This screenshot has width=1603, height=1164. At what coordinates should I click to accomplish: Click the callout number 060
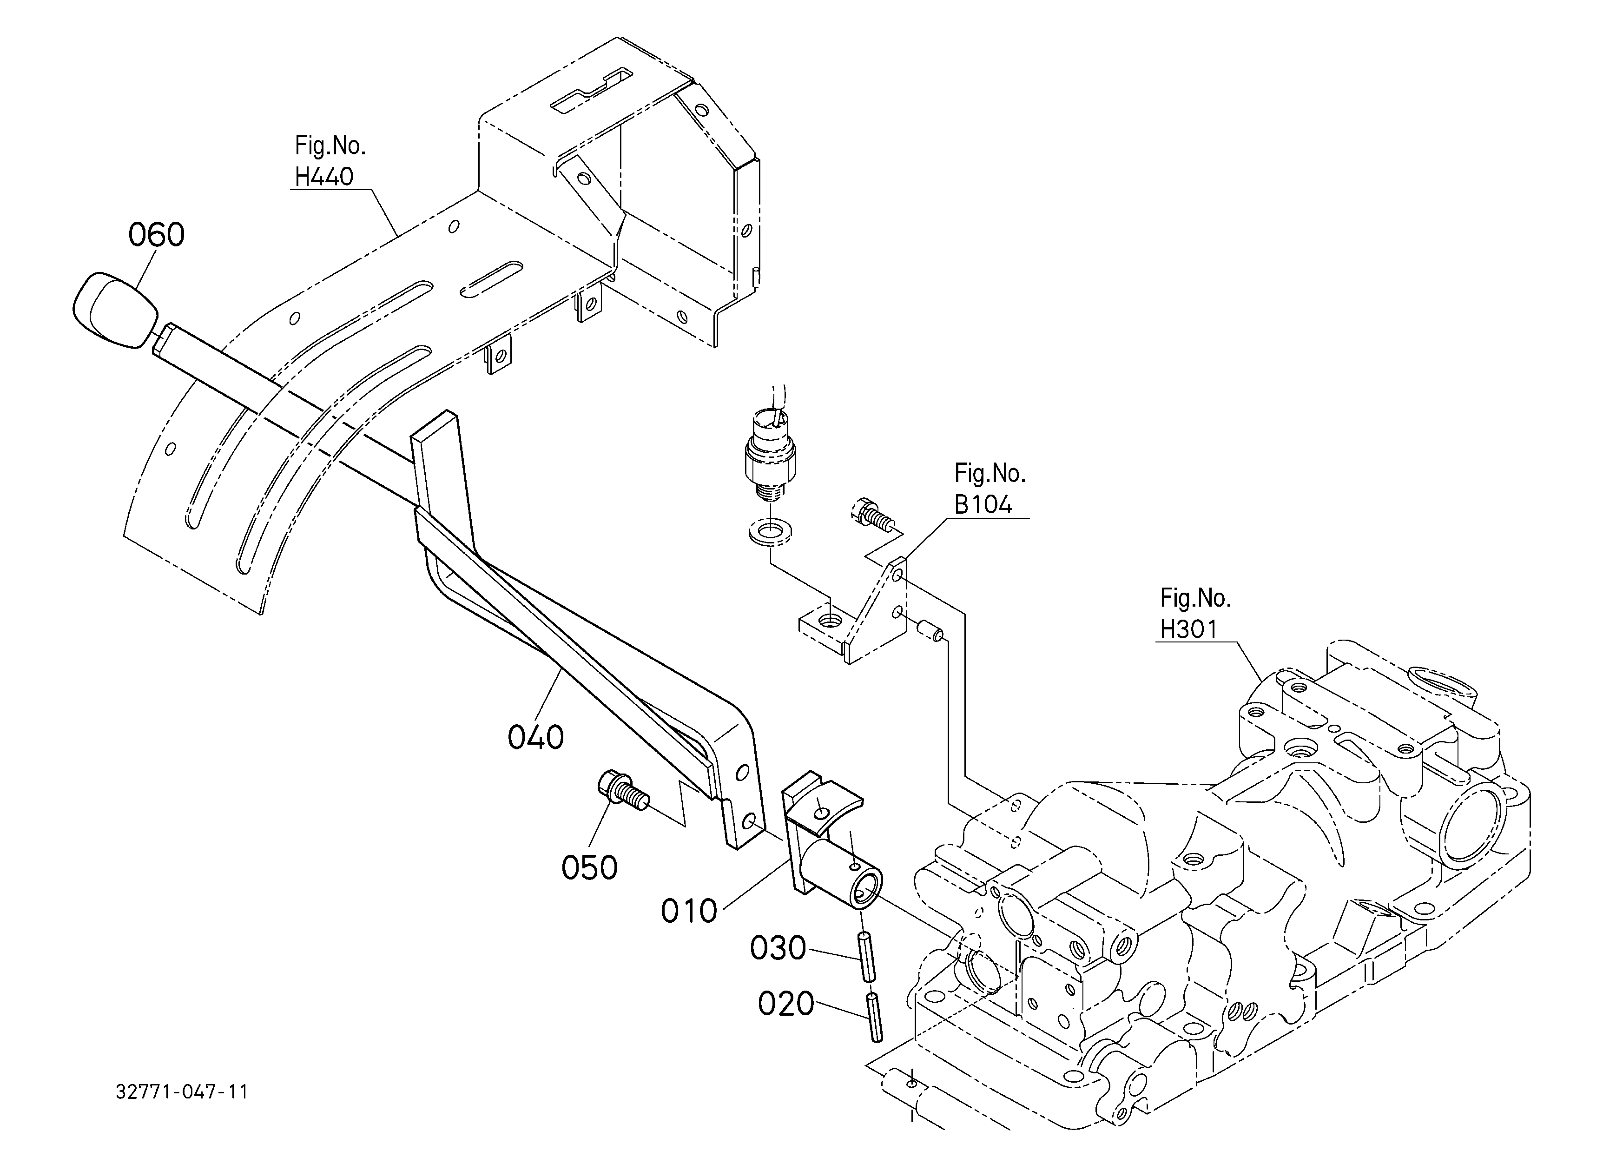[x=156, y=235]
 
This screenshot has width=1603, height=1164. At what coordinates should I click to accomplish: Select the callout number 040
[x=536, y=738]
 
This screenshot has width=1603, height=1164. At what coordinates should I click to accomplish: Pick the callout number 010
[x=689, y=912]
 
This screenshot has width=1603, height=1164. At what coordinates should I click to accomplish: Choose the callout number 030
[x=778, y=948]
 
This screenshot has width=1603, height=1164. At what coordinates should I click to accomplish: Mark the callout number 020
[x=786, y=1004]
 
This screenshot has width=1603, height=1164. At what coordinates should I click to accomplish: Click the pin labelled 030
[x=866, y=956]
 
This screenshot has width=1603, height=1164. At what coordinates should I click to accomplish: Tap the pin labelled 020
[x=874, y=1017]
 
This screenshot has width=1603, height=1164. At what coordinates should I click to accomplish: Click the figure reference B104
[x=983, y=505]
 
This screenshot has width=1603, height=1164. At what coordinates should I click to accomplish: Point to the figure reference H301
[x=1189, y=629]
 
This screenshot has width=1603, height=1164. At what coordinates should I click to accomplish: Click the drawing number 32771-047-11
[x=182, y=1092]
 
